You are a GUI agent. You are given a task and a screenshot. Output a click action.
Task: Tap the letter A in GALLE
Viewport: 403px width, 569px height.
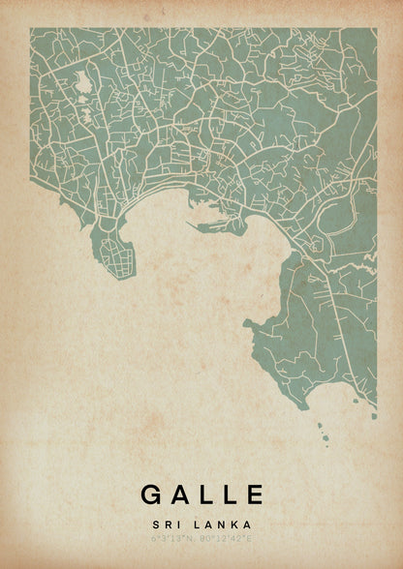coord(180,494)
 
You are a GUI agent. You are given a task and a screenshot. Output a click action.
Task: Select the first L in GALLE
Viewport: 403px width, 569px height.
coord(206,494)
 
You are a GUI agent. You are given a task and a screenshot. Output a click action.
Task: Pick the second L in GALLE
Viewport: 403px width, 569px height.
coord(230,494)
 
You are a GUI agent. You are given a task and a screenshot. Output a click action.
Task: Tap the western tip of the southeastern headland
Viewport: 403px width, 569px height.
coord(247,322)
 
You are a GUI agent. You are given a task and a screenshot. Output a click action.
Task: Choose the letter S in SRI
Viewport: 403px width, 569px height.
coord(155,523)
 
